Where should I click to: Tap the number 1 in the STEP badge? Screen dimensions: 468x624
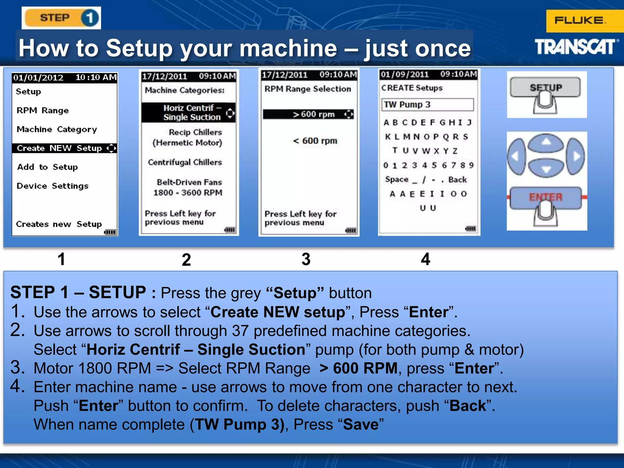tap(90, 18)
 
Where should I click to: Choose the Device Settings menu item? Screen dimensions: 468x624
tap(52, 186)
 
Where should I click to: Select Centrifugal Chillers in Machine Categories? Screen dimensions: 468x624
tap(185, 162)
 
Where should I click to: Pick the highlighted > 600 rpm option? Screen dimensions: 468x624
tap(308, 114)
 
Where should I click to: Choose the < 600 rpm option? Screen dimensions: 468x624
tap(315, 141)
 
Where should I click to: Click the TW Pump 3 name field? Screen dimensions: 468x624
tap(427, 105)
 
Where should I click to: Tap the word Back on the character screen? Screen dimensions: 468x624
tap(457, 179)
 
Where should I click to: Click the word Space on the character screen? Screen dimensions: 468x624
tap(396, 179)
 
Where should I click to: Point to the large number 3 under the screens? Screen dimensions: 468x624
tap(306, 259)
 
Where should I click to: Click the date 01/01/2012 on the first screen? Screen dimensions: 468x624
tap(38, 78)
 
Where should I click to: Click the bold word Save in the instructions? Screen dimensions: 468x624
tap(360, 424)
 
